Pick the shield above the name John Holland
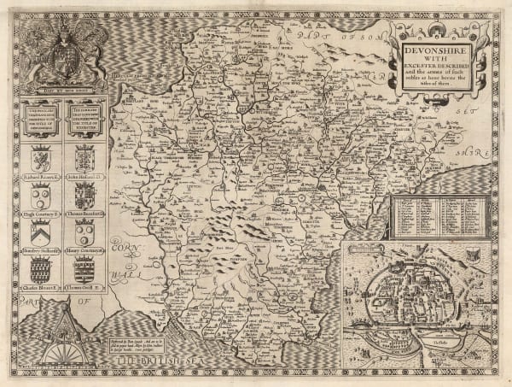(x=84, y=157)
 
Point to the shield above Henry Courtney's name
(x=84, y=232)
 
